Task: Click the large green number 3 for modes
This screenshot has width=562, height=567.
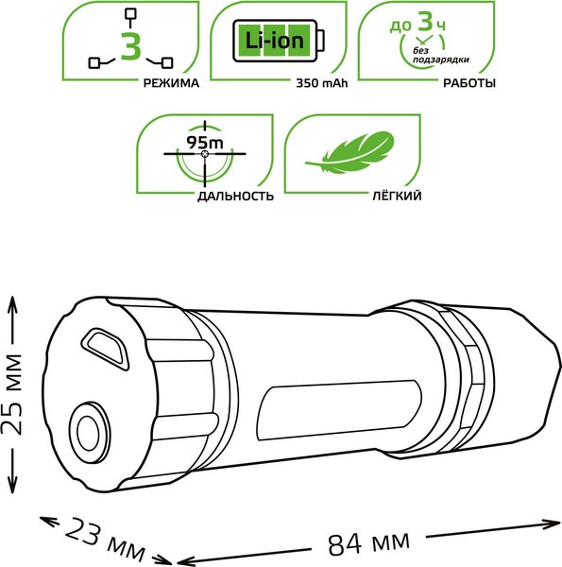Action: pyautogui.click(x=131, y=46)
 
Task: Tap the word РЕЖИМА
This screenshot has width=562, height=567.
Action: pyautogui.click(x=171, y=83)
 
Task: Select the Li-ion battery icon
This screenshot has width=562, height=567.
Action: pyautogui.click(x=279, y=41)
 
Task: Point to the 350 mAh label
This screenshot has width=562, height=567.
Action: pyautogui.click(x=322, y=83)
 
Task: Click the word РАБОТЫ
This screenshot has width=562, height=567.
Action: pyautogui.click(x=469, y=83)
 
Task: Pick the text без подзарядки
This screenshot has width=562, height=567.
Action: pyautogui.click(x=440, y=56)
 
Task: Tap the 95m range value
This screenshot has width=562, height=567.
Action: pyautogui.click(x=205, y=143)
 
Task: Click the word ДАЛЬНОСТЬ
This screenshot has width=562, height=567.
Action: pyautogui.click(x=235, y=196)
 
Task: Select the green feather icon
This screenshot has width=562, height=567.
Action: pyautogui.click(x=349, y=152)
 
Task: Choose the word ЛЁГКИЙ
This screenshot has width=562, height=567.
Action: pyautogui.click(x=397, y=196)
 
